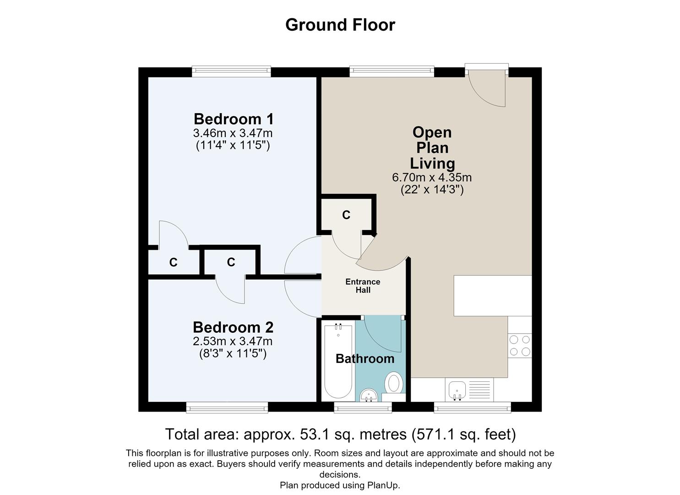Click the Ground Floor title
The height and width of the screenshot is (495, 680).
(x=340, y=25)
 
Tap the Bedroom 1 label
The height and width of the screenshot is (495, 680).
(x=234, y=119)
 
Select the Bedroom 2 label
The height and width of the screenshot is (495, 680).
(x=233, y=328)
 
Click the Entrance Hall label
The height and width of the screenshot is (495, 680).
(x=363, y=286)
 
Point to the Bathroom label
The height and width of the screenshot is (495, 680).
(x=365, y=359)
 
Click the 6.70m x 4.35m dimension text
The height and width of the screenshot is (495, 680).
(x=432, y=177)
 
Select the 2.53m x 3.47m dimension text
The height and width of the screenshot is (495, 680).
(x=233, y=341)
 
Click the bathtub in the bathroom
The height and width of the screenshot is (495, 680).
(x=338, y=361)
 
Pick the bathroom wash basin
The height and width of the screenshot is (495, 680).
(x=369, y=396)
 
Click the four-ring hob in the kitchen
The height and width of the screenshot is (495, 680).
(x=520, y=346)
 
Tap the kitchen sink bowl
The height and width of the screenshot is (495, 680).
(x=457, y=390)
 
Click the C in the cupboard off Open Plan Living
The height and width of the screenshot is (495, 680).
(x=346, y=215)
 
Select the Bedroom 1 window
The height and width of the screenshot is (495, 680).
(x=231, y=71)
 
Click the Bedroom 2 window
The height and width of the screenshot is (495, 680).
(x=227, y=407)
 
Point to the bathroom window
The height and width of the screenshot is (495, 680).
(x=363, y=407)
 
